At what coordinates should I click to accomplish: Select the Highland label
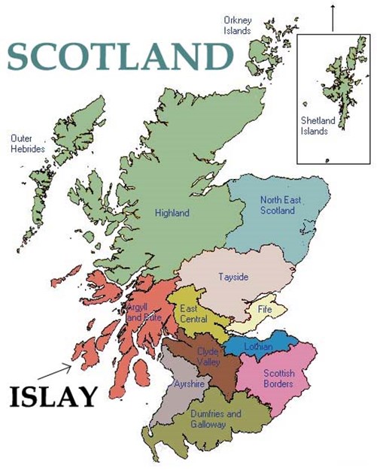pyautogui.click(x=172, y=213)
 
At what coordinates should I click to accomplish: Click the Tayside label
pyautogui.click(x=230, y=277)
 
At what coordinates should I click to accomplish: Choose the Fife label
pyautogui.click(x=265, y=309)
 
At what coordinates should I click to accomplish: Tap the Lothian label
pyautogui.click(x=257, y=347)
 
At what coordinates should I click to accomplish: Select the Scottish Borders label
pyautogui.click(x=278, y=379)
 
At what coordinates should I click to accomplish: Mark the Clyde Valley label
pyautogui.click(x=208, y=356)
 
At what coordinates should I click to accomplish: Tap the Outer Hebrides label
pyautogui.click(x=29, y=144)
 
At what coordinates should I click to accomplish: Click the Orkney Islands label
pyautogui.click(x=237, y=25)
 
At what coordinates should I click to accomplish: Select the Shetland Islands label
pyautogui.click(x=315, y=126)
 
